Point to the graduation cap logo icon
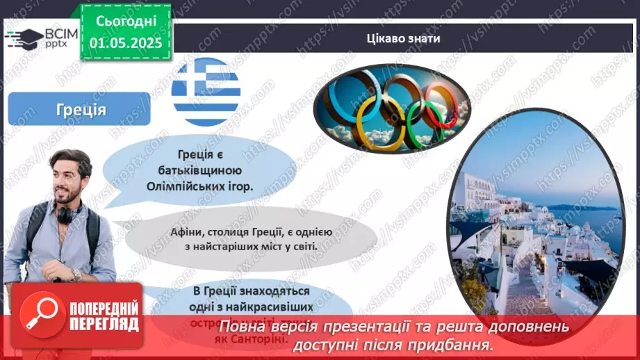(x=23, y=38)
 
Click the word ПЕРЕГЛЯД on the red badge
(x=104, y=323)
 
